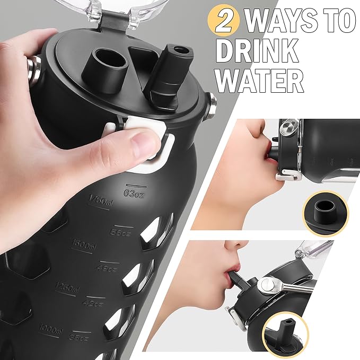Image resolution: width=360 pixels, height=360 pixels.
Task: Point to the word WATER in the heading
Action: click(x=260, y=81)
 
